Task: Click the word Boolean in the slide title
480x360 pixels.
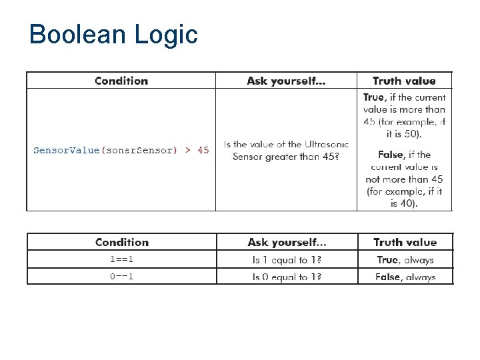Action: [73, 35]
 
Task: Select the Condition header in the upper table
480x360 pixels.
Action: [121, 81]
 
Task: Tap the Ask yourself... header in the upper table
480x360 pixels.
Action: [286, 81]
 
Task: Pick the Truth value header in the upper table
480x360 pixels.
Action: [404, 81]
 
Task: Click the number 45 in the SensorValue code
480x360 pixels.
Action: [203, 150]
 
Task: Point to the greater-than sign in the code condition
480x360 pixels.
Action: [187, 150]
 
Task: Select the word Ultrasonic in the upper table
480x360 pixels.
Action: [327, 144]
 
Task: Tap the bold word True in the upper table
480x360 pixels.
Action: [373, 97]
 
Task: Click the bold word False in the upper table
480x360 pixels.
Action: [391, 155]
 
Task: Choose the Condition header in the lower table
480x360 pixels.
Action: [122, 242]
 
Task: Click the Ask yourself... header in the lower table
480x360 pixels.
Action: [287, 242]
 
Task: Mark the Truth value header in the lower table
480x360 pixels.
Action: [405, 242]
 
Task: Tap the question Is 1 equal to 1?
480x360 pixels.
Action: [287, 260]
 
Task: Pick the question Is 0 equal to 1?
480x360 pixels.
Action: [287, 277]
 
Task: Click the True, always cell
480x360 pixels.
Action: [405, 260]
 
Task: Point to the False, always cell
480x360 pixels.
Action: [405, 277]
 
